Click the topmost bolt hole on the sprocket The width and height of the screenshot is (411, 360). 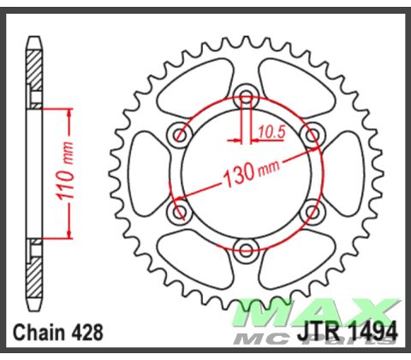tap(247, 94)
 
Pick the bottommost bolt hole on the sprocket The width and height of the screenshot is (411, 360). tap(247, 249)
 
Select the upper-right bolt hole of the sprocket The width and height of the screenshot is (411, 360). tap(313, 133)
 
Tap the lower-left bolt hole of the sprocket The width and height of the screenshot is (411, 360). tap(180, 211)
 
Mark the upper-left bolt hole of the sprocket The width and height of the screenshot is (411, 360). tap(180, 133)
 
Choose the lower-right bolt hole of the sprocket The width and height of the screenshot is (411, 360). tap(313, 211)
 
